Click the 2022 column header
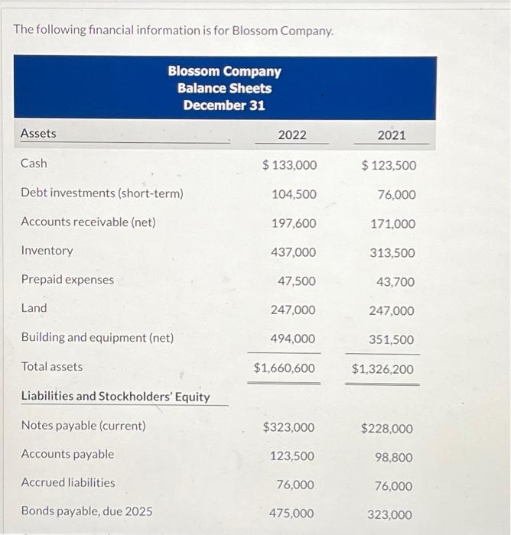[291, 135]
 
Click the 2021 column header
[391, 135]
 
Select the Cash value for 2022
[289, 165]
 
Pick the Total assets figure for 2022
[284, 368]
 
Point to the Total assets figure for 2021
[382, 369]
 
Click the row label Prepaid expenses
[67, 280]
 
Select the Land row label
[34, 308]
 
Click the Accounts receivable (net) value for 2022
[294, 223]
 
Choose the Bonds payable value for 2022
[291, 514]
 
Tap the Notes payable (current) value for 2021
[386, 429]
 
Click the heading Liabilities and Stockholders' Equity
[115, 396]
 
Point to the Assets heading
[38, 134]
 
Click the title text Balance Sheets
[224, 88]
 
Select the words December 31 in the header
[224, 105]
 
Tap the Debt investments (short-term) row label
[102, 193]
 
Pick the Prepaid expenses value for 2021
[395, 282]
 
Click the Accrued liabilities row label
[68, 482]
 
